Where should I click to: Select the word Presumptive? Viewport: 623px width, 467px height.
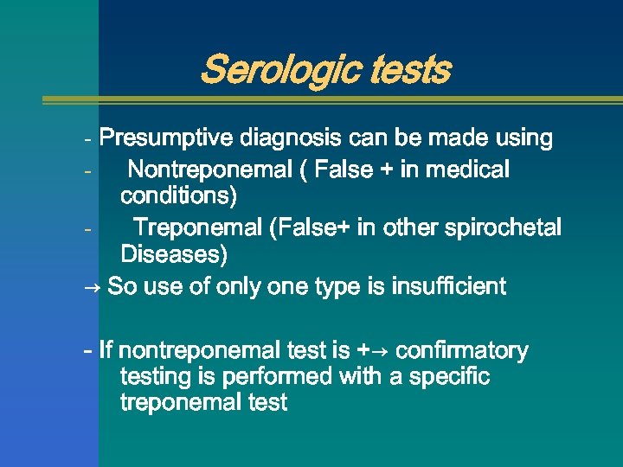166,138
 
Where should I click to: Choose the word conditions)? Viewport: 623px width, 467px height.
178,196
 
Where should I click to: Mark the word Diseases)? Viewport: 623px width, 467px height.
175,254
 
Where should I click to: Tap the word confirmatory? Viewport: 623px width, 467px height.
464,351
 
